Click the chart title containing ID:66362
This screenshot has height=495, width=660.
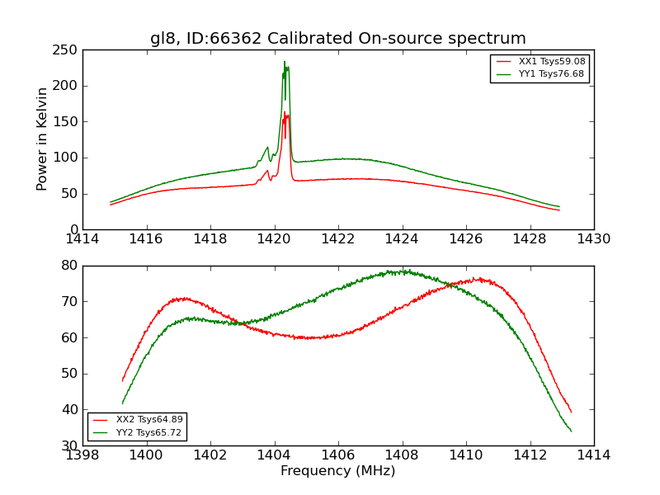pyautogui.click(x=337, y=39)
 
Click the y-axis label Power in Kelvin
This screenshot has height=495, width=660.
pyautogui.click(x=42, y=139)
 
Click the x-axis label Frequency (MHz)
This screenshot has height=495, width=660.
pyautogui.click(x=337, y=471)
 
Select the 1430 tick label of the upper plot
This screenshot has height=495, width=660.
pyautogui.click(x=593, y=238)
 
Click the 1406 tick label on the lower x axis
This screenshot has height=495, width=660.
pyautogui.click(x=337, y=455)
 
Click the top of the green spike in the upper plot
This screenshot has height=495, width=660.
pyautogui.click(x=285, y=62)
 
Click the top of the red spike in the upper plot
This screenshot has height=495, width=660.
pyautogui.click(x=285, y=113)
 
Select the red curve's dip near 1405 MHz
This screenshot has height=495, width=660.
pyautogui.click(x=309, y=337)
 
